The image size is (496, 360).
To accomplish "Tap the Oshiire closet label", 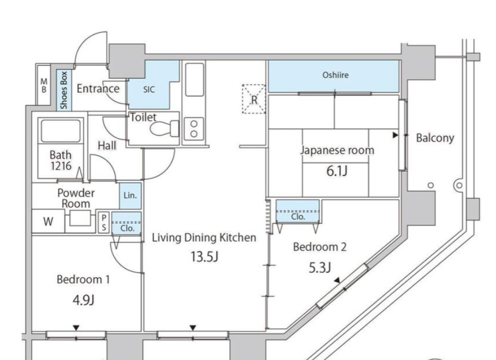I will pyautogui.click(x=335, y=75).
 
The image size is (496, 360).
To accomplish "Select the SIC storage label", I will pyautogui.click(x=148, y=89).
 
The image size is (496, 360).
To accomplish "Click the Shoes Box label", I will pyautogui.click(x=64, y=90).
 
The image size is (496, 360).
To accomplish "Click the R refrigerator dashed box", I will pyautogui.click(x=254, y=99).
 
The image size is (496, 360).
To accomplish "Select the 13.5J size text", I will pyautogui.click(x=204, y=257).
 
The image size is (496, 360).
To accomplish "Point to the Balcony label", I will pyautogui.click(x=435, y=138).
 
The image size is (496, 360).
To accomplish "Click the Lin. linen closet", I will pyautogui.click(x=130, y=196).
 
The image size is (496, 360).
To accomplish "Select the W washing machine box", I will pyautogui.click(x=48, y=222).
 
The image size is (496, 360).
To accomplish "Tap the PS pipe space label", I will pyautogui.click(x=104, y=222).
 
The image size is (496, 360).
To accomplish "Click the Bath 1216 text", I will pyautogui.click(x=60, y=160).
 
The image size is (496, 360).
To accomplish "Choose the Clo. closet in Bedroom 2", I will pyautogui.click(x=298, y=216).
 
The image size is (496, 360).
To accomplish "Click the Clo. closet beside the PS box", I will pyautogui.click(x=126, y=228).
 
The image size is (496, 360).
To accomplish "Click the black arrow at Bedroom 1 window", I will pyautogui.click(x=76, y=327).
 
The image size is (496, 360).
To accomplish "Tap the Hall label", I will pyautogui.click(x=107, y=146).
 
